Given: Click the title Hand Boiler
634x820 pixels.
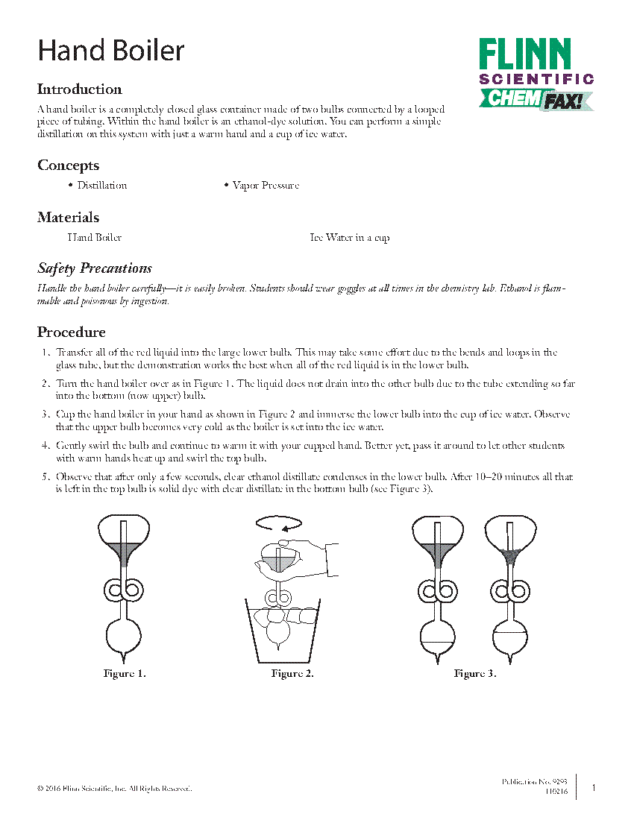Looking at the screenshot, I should pyautogui.click(x=111, y=51).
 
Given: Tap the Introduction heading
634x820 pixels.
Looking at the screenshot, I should pyautogui.click(x=80, y=89).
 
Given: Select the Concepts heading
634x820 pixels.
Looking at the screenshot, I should pyautogui.click(x=68, y=165).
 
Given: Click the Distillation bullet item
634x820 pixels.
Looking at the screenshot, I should pyautogui.click(x=102, y=186).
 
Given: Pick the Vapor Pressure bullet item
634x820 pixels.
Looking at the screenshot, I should pyautogui.click(x=266, y=186).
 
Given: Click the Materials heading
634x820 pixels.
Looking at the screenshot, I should pyautogui.click(x=68, y=218).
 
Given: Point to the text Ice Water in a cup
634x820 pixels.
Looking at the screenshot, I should pyautogui.click(x=349, y=238).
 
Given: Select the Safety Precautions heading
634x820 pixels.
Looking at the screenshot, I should pyautogui.click(x=95, y=268).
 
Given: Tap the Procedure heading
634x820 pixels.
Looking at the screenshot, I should pyautogui.click(x=72, y=332).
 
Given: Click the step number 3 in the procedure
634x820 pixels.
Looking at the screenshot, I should pyautogui.click(x=46, y=414).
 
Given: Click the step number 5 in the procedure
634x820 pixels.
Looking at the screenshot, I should pyautogui.click(x=46, y=477).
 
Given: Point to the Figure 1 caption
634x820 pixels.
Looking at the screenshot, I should pyautogui.click(x=125, y=674).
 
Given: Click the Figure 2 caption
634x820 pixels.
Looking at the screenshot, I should pyautogui.click(x=292, y=674).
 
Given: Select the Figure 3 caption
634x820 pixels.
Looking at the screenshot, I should pyautogui.click(x=475, y=674).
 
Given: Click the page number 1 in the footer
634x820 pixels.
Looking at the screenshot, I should pyautogui.click(x=594, y=787).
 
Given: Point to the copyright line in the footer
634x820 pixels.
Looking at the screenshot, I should pyautogui.click(x=115, y=788).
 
